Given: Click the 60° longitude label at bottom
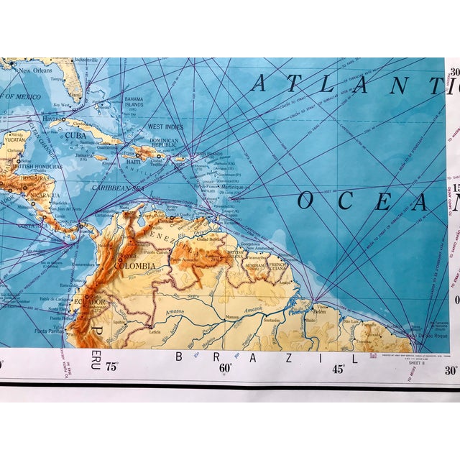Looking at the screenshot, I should coord(224,368).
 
